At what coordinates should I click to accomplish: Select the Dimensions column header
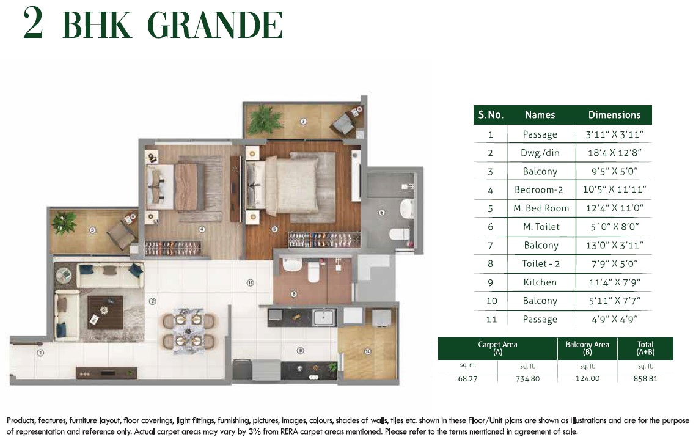[x=614, y=115]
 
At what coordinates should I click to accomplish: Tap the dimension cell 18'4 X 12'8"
[x=614, y=152]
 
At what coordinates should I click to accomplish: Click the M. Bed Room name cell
[x=540, y=208]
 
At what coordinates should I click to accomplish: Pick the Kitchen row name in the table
[x=540, y=282]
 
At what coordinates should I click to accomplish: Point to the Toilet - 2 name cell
[x=540, y=263]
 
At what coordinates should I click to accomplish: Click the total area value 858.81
[x=645, y=379]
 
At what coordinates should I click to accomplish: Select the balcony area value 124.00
[x=587, y=379]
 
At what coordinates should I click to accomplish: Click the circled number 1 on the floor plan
[x=40, y=353]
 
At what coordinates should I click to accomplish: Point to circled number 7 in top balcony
[x=304, y=122]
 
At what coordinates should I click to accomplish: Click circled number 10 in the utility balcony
[x=367, y=351]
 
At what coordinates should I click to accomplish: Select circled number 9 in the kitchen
[x=299, y=351]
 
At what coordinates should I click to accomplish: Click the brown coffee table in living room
[x=105, y=312]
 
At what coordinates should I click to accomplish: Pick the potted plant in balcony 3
[x=64, y=222]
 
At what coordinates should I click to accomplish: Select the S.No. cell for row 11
[x=490, y=319]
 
